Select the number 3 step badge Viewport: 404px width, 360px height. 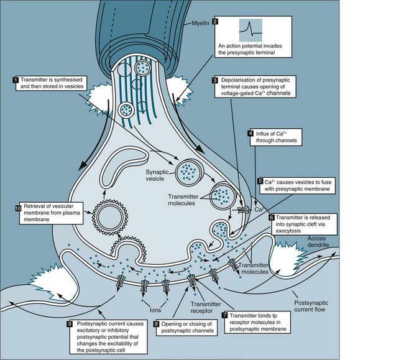pos(215,80)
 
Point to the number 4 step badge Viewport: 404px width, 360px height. pos(250,132)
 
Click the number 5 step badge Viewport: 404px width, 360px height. pos(260,181)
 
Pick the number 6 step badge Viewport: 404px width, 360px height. pos(272,218)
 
